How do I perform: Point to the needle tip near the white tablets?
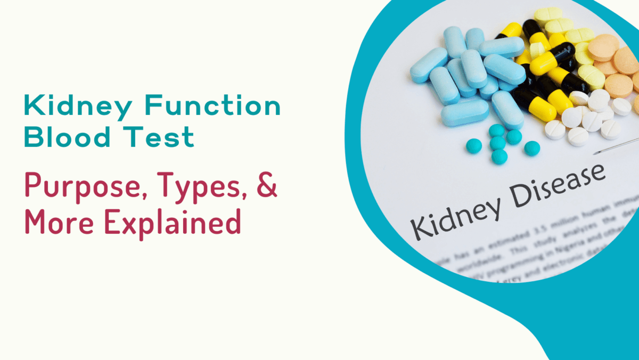point(597,153)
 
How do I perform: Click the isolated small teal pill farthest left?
point(473,145)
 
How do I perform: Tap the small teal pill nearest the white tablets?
point(531,148)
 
